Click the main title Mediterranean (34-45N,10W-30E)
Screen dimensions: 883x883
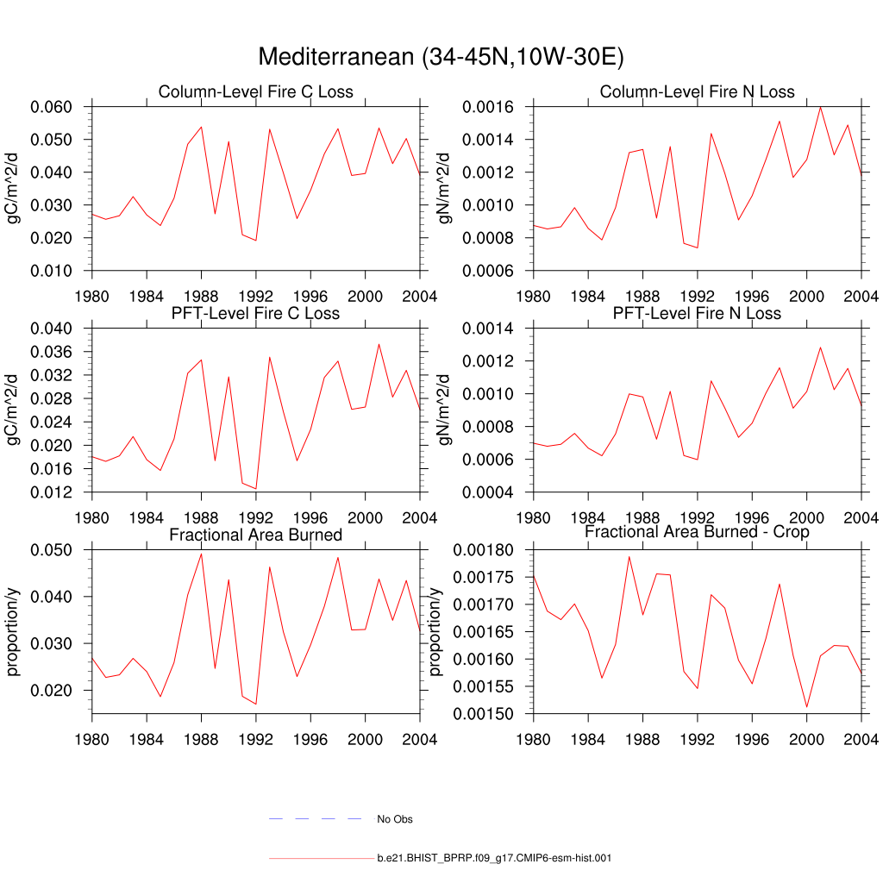(x=441, y=57)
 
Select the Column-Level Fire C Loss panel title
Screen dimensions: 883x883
(x=255, y=92)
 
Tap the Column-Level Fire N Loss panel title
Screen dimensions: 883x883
(x=697, y=92)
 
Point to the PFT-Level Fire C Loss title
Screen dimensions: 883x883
(x=255, y=313)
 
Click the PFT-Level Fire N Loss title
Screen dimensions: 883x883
(x=697, y=313)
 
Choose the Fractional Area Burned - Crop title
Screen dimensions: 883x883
(x=697, y=532)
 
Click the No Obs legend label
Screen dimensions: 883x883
(x=395, y=819)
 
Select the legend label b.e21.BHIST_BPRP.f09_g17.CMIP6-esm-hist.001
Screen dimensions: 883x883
(x=494, y=859)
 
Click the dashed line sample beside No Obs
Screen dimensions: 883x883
(x=315, y=819)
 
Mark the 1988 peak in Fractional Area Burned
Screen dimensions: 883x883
(x=201, y=554)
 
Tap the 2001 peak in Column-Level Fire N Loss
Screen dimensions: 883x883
(x=820, y=107)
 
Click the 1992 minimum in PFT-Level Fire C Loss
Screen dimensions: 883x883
(x=255, y=489)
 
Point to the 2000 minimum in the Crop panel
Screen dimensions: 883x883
(x=806, y=707)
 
